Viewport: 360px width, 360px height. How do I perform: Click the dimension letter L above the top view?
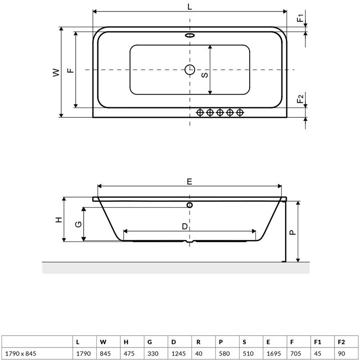(x=190, y=7)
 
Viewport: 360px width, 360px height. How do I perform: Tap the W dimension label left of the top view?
(x=56, y=72)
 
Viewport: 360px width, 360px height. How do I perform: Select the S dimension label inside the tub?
(x=205, y=75)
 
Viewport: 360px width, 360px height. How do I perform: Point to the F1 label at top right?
(x=300, y=18)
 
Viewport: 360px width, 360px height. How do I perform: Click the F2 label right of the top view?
(x=300, y=99)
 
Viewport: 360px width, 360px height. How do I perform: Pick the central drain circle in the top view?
(x=190, y=70)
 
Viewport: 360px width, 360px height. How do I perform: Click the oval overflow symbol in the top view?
(x=190, y=36)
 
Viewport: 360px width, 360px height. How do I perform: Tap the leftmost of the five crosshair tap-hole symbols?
(x=200, y=112)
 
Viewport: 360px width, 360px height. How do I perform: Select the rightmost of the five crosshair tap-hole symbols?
(x=240, y=112)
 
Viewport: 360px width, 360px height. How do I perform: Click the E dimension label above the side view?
(x=190, y=182)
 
